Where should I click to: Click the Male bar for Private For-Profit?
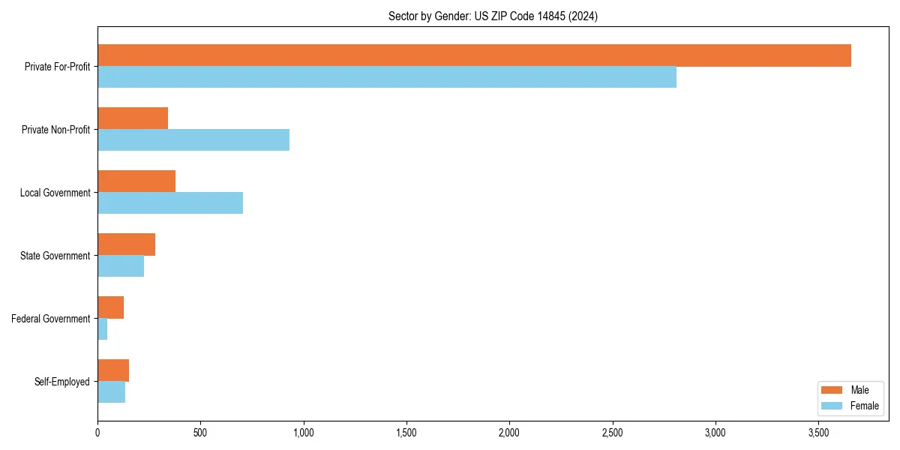click(474, 55)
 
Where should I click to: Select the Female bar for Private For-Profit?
click(387, 77)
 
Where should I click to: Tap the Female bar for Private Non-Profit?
click(193, 140)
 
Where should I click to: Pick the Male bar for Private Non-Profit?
click(133, 118)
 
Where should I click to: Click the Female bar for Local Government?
click(170, 203)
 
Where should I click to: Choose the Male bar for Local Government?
click(136, 181)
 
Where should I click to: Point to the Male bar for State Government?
click(126, 244)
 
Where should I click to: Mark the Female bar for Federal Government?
click(103, 329)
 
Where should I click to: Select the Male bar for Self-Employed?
click(113, 370)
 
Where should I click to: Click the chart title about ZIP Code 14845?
click(493, 16)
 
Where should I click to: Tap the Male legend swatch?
click(832, 390)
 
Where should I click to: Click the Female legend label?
click(864, 406)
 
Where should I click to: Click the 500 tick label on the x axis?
click(200, 433)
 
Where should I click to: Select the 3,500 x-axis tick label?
click(818, 433)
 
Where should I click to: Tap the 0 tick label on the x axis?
click(97, 433)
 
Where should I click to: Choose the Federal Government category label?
click(51, 319)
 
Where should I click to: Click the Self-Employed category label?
click(62, 382)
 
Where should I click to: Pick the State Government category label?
click(55, 256)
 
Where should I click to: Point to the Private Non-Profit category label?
click(55, 130)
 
